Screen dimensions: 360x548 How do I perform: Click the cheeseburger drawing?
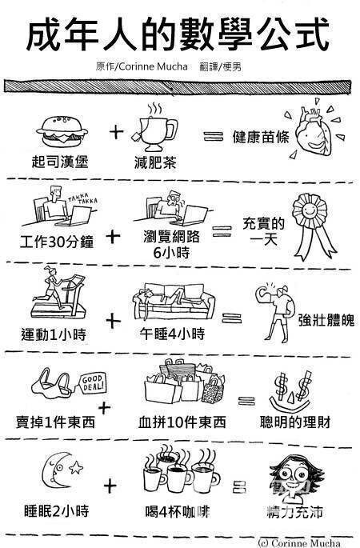click(x=62, y=133)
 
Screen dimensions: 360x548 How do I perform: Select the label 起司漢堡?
click(x=60, y=162)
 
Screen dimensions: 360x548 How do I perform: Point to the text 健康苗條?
click(x=261, y=137)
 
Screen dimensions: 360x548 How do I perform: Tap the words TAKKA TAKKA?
click(x=82, y=198)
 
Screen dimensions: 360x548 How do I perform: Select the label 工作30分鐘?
click(x=57, y=242)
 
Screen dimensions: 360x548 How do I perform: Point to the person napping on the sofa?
click(x=164, y=296)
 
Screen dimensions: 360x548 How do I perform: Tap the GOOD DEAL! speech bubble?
click(x=93, y=383)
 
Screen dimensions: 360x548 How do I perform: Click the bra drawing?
click(x=53, y=384)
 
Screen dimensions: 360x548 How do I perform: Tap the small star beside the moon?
click(x=76, y=467)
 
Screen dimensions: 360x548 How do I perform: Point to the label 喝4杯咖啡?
click(x=178, y=512)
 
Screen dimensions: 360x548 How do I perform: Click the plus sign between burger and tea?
click(x=116, y=132)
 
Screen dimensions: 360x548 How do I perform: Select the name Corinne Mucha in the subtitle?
click(x=153, y=66)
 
